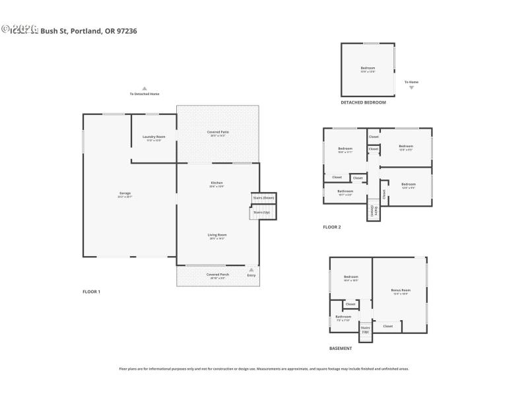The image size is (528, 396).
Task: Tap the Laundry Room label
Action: (x=154, y=137)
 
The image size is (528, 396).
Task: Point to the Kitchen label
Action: (x=216, y=183)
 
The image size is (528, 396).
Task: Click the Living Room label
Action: (x=217, y=236)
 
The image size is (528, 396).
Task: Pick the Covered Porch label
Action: (x=217, y=275)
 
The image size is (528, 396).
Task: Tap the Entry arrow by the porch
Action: (x=251, y=270)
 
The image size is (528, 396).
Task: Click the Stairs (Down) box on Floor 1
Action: (x=263, y=197)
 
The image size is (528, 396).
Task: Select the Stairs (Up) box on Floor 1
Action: (x=261, y=213)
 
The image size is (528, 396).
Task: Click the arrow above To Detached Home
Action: (x=145, y=88)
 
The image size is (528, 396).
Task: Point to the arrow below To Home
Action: (x=411, y=87)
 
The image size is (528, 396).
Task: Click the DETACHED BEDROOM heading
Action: (x=363, y=102)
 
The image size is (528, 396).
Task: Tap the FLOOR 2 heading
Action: (x=332, y=227)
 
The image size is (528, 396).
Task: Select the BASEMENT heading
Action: (x=341, y=348)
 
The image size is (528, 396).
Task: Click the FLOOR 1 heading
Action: (x=91, y=291)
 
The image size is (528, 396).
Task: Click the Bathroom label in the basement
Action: (x=343, y=317)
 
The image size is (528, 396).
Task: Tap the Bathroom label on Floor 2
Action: (x=345, y=192)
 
